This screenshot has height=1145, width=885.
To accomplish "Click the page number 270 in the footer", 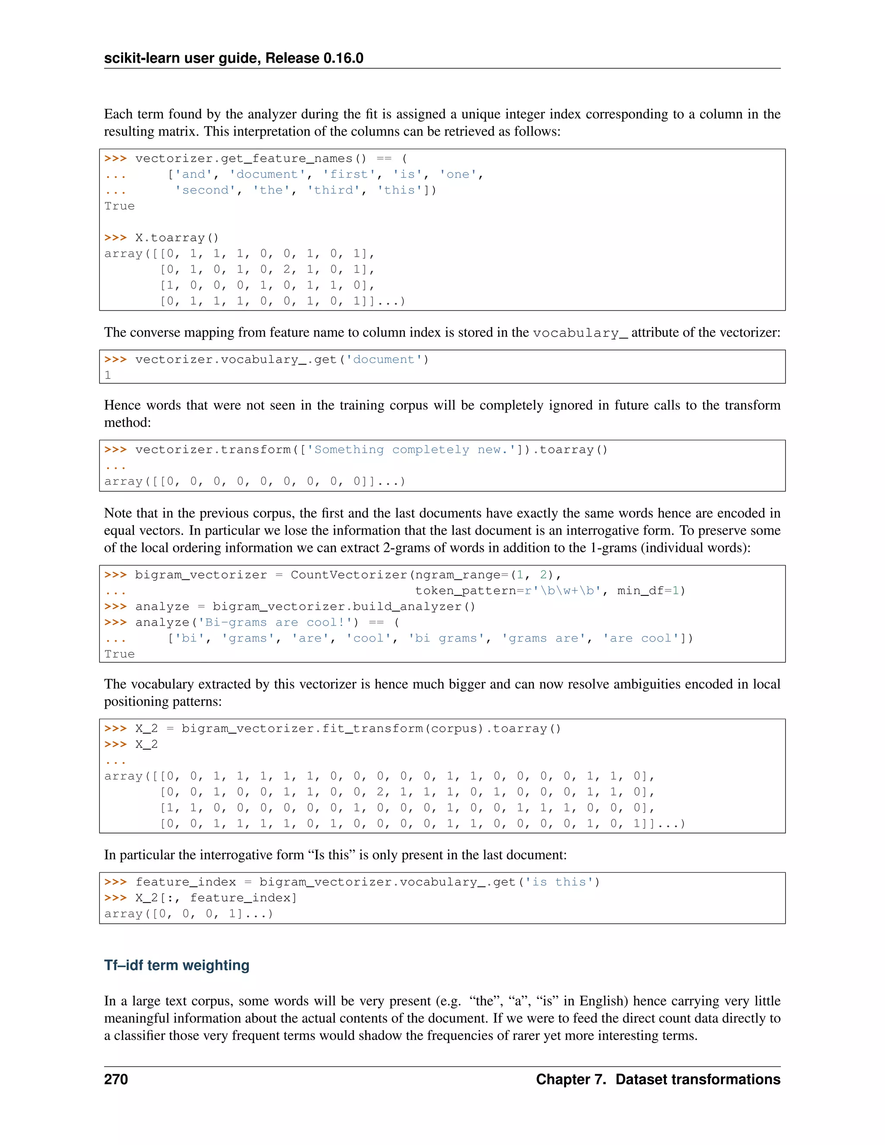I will (116, 1079).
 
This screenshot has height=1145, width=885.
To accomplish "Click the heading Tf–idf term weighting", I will (177, 965).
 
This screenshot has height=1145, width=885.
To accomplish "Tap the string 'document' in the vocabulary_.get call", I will (384, 359).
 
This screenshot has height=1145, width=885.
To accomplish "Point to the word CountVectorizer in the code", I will (349, 575).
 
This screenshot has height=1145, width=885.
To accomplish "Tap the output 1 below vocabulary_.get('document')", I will (108, 375).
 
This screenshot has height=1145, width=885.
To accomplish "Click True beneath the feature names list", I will (120, 206).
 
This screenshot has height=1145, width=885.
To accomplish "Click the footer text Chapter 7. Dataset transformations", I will (658, 1079).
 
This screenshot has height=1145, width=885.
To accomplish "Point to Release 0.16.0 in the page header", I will (315, 58).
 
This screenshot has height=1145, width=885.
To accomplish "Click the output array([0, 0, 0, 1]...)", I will (189, 914).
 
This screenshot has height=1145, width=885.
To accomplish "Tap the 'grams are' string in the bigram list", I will (543, 639).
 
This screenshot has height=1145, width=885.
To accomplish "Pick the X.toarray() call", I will (177, 238).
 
